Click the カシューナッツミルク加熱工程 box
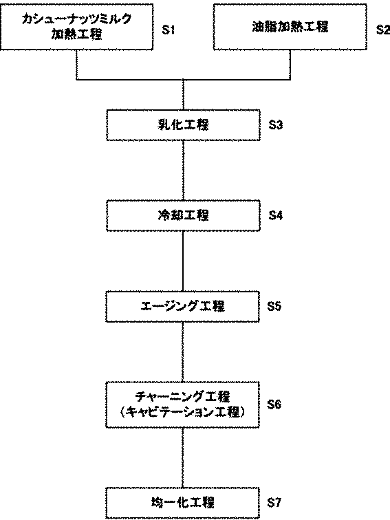point(76,27)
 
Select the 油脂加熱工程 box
point(290,27)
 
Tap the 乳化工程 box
point(183,125)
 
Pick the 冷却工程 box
point(183,215)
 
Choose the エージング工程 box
point(183,307)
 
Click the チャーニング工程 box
point(183,404)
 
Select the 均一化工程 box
point(183,503)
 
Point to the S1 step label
point(168,30)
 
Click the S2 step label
point(383,30)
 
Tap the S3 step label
point(276,125)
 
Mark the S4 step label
point(276,215)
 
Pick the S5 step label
point(274,306)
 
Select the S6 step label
point(274,404)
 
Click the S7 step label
point(274,503)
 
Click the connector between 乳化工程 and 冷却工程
point(183,171)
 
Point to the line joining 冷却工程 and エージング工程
point(183,261)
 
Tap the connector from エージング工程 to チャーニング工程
point(183,352)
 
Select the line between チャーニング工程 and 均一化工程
point(183,457)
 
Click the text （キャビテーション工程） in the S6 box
point(183,412)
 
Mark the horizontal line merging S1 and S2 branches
point(184,80)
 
